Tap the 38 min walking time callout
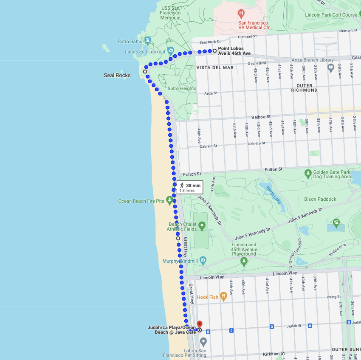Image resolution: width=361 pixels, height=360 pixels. coord(189,187)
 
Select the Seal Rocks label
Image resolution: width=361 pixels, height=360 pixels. coord(117,76)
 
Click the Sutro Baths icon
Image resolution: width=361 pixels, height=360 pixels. coord(148,41)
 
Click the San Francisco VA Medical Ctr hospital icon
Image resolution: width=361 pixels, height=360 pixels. coord(241,14)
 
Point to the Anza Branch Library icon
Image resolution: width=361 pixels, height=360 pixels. coord(331,67)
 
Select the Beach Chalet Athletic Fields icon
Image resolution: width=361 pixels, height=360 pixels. coord(202,227)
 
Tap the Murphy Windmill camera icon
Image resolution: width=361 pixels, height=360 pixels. coord(203,260)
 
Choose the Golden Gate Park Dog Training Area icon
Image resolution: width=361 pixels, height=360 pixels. coord(308,173)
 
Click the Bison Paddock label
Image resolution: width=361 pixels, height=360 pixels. coord(320,199)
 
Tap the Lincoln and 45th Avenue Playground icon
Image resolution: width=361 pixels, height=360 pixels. coord(244,261)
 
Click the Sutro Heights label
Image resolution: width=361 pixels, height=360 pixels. coord(182,88)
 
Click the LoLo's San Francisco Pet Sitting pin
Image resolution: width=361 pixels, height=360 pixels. coord(203,341)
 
